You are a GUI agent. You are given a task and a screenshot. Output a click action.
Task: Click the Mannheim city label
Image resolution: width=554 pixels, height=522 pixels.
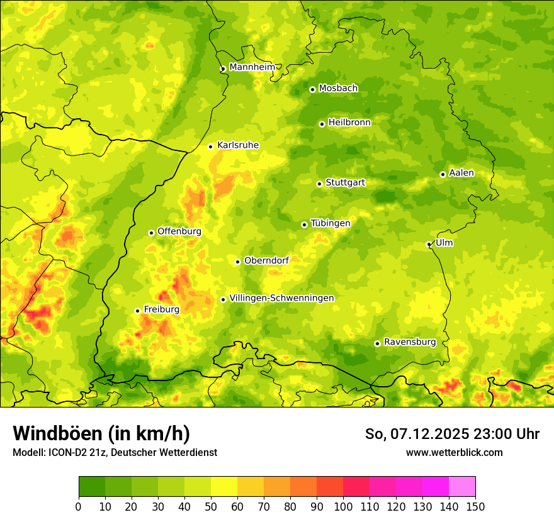pos(252,67)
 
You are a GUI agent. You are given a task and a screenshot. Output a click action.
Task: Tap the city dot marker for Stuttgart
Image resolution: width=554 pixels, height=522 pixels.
pos(319,184)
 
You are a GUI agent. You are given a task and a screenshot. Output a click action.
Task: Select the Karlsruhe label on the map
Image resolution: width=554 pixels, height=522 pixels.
pos(238,145)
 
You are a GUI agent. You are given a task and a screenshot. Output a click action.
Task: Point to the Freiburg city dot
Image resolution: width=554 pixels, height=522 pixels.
pos(137,311)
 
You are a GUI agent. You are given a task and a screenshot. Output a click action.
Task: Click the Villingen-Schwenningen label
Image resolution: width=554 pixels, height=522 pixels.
pos(281,298)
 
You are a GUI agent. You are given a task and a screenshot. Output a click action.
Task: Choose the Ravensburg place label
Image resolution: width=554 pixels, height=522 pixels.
pos(410,342)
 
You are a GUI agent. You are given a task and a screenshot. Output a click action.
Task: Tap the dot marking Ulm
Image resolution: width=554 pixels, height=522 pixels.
pos(429,244)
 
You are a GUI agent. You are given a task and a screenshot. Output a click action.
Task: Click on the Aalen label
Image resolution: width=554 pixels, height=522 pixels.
pos(461,173)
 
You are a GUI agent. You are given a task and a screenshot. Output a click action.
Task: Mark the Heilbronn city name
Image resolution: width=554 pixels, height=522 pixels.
pos(349,123)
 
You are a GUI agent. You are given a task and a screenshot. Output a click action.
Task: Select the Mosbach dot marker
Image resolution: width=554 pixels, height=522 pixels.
pos(312,89)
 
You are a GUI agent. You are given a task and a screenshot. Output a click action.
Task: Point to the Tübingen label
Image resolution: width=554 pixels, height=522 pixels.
pos(331,223)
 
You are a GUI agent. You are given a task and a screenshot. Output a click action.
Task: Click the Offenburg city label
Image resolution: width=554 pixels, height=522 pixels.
pos(179,231)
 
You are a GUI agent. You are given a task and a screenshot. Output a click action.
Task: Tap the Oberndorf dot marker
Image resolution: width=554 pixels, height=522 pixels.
pos(237,262)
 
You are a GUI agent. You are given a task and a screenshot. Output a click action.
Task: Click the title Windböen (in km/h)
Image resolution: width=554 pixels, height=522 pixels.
pos(101,433)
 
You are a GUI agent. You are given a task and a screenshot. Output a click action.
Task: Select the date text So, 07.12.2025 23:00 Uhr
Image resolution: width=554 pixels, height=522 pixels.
pos(452,434)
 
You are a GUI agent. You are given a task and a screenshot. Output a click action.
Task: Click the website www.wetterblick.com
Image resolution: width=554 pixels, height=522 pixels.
pos(454,452)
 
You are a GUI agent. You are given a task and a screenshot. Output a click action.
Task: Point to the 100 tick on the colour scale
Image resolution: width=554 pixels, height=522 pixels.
pos(343,506)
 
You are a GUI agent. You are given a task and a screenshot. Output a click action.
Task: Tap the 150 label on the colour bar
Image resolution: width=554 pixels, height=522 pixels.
pos(475,506)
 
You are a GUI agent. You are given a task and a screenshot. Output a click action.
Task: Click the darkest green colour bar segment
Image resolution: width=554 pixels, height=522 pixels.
pos(92,487)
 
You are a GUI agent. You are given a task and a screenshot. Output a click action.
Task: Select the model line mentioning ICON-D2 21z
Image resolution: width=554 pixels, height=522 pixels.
pos(115,452)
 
